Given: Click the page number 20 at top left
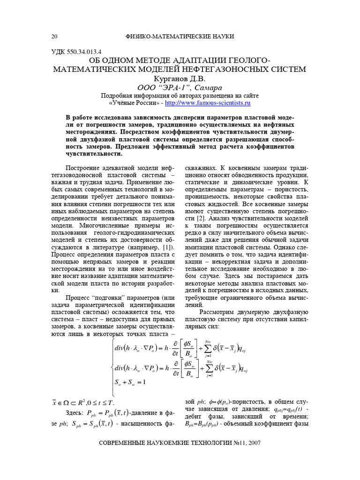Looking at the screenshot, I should click(54, 37).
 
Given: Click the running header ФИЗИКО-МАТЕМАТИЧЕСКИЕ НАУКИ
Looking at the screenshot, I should click(180, 37).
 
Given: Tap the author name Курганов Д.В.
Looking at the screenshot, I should click(180, 79).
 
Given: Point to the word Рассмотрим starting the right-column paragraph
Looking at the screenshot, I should click(218, 312).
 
